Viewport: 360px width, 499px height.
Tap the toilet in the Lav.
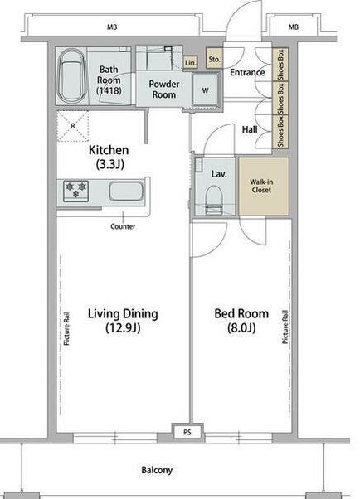(x=213, y=200)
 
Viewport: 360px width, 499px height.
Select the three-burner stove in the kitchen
(x=75, y=191)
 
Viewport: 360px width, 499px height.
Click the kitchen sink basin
(x=126, y=191)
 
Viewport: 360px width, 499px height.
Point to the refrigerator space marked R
(x=73, y=126)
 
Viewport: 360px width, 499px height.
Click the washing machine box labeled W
(x=206, y=90)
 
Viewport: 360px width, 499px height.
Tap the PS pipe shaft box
(x=187, y=432)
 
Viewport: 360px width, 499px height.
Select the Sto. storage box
(x=214, y=59)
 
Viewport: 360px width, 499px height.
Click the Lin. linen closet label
(x=191, y=63)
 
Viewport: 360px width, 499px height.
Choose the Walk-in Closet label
(x=261, y=186)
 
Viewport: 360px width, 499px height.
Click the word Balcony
(x=157, y=470)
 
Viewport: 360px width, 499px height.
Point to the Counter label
(x=123, y=226)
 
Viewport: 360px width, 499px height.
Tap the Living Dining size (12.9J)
(x=123, y=327)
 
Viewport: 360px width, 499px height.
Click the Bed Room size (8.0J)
(x=241, y=327)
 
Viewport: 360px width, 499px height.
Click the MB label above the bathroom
(x=112, y=27)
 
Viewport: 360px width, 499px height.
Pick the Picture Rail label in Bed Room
(x=285, y=327)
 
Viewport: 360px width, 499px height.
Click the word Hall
(x=250, y=129)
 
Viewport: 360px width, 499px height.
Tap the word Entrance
(x=247, y=72)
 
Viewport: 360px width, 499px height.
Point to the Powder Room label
(x=164, y=90)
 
